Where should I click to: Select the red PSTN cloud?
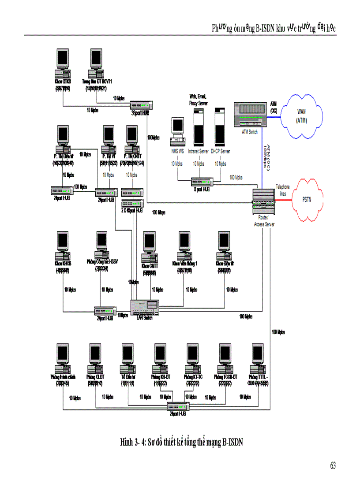(x=306, y=199)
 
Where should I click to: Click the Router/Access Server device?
(x=264, y=201)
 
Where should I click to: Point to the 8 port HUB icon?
(x=202, y=182)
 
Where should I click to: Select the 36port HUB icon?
(x=142, y=105)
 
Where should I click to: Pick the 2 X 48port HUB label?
(x=132, y=211)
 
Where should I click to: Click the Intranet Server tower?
(x=198, y=128)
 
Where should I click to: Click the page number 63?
(x=333, y=465)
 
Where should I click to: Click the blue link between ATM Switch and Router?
(x=267, y=159)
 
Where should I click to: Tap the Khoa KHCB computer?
(x=63, y=246)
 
